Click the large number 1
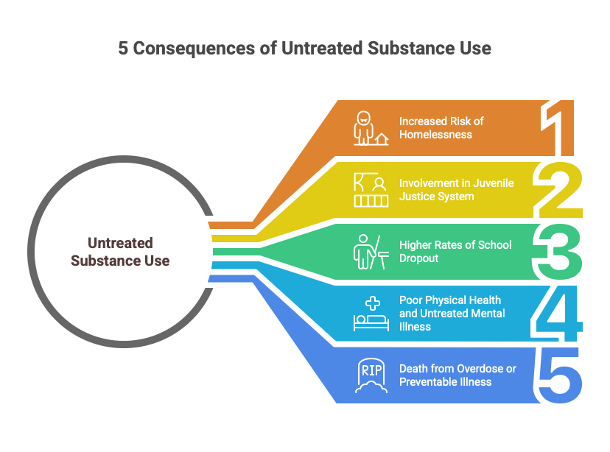click(562, 129)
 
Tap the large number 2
click(560, 191)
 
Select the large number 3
click(560, 253)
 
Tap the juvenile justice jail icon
click(370, 190)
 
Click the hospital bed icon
click(371, 314)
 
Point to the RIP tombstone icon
click(371, 375)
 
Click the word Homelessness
click(435, 135)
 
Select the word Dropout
click(419, 258)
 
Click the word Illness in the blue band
click(415, 326)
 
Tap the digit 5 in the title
click(123, 49)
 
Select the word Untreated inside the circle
click(120, 242)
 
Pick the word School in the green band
click(495, 245)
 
